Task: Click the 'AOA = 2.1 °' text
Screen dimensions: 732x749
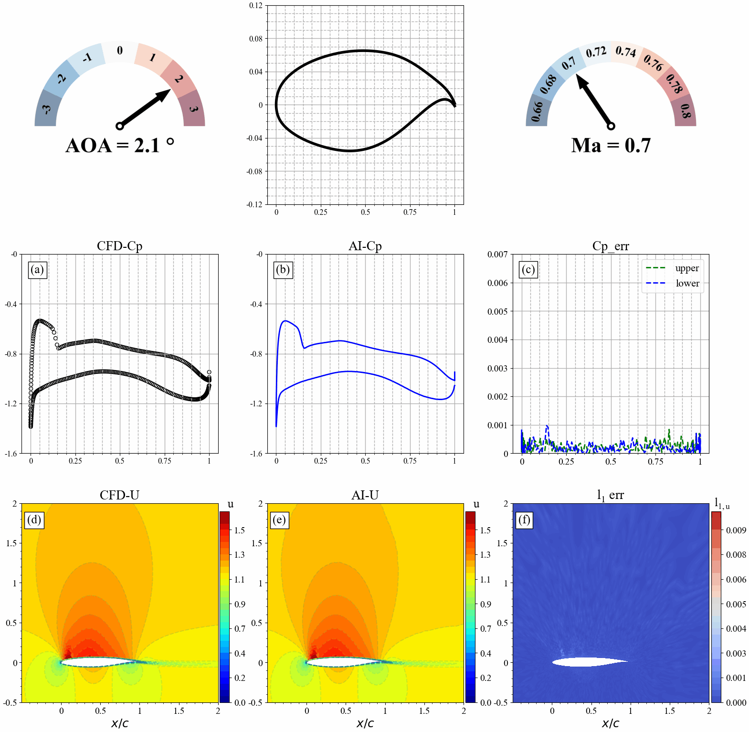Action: [119, 146]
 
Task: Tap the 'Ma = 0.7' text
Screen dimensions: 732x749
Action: [611, 146]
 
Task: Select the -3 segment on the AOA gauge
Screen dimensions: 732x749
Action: [46, 109]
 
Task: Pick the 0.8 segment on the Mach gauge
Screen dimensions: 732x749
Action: [685, 111]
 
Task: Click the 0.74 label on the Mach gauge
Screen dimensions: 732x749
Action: [625, 51]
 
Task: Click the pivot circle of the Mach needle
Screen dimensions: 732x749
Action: [611, 126]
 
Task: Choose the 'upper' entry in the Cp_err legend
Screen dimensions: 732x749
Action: [686, 268]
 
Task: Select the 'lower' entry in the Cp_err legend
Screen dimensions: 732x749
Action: [687, 283]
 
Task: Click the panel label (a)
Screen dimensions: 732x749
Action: [37, 270]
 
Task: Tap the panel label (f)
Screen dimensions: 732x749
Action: [524, 520]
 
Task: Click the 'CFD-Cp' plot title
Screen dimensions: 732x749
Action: [119, 246]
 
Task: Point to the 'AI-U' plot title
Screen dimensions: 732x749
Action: [365, 495]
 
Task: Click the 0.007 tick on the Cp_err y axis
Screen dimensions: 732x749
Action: [497, 255]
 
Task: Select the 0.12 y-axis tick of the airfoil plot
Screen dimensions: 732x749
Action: [256, 6]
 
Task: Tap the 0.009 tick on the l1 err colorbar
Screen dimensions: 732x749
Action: [736, 530]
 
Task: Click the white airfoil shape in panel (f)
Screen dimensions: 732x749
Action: [587, 662]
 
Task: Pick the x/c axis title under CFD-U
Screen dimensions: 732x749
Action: [120, 723]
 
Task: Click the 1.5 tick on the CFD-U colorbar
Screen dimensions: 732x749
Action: [239, 530]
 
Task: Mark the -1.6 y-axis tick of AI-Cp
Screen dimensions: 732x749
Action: [256, 454]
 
